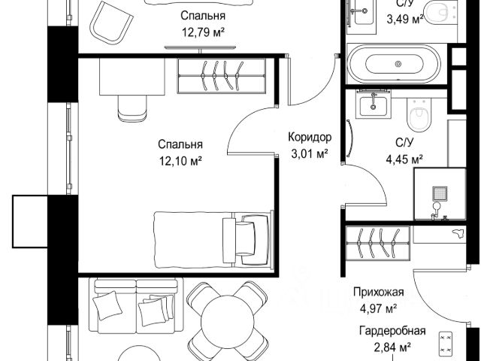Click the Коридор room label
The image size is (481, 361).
(310, 137)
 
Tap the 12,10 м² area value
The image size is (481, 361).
(180, 160)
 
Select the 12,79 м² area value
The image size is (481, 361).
(203, 32)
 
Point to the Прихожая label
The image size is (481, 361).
(378, 292)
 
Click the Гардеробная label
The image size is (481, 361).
(392, 331)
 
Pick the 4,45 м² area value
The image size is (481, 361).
(404, 159)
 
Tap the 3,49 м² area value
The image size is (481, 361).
(405, 20)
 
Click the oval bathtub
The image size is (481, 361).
(398, 64)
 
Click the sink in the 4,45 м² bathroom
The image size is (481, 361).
(374, 104)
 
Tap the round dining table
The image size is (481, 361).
(227, 322)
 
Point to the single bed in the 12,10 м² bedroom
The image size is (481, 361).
(213, 239)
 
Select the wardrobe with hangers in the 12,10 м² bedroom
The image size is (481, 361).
(221, 75)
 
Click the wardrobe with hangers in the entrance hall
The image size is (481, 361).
(378, 243)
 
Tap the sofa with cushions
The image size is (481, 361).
(136, 306)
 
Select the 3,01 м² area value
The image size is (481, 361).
(310, 153)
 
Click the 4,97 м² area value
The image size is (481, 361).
(379, 308)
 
